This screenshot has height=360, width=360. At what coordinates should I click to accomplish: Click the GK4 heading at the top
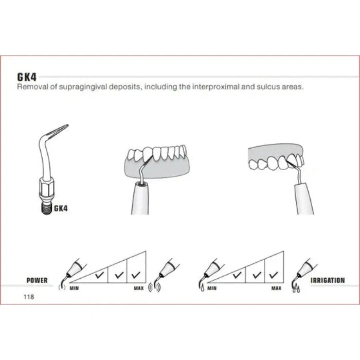point(27,77)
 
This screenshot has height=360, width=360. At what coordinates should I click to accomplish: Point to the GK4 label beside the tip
point(61,208)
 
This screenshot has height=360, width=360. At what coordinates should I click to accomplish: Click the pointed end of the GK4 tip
point(68,125)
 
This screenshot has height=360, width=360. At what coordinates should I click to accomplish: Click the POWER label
point(37,280)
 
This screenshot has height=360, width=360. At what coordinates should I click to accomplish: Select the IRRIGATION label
point(328,280)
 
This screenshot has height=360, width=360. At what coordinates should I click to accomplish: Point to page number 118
point(29,297)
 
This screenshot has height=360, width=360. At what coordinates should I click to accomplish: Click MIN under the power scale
point(74,288)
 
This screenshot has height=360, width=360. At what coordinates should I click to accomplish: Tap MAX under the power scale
point(139,288)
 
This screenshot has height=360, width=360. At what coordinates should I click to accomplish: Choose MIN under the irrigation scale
point(212,288)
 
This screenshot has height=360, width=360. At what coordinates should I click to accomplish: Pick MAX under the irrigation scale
point(276,288)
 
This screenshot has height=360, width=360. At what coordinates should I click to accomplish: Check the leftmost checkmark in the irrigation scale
point(237,274)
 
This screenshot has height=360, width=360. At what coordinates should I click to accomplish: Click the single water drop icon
point(202,288)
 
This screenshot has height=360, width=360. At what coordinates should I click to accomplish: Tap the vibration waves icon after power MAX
point(154,287)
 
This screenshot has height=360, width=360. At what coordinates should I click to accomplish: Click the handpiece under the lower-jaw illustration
point(140,199)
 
